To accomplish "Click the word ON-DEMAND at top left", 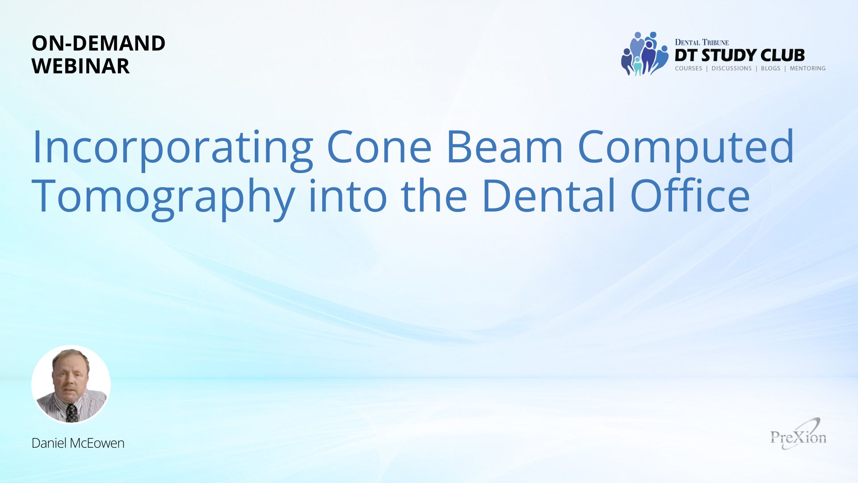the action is (x=98, y=43).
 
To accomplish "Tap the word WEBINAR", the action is (x=80, y=66).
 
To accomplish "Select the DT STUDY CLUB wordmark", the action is (x=740, y=55).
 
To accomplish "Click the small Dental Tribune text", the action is (x=702, y=42).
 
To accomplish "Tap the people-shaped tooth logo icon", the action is (x=644, y=54).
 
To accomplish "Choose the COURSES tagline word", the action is (x=689, y=68).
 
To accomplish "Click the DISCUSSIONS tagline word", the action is (x=732, y=68).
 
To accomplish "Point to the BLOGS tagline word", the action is (x=770, y=68).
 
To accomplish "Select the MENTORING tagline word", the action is (x=808, y=68).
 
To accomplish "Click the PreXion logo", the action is (x=799, y=434).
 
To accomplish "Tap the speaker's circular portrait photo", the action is (x=71, y=384).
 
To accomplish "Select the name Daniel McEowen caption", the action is (x=78, y=443).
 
